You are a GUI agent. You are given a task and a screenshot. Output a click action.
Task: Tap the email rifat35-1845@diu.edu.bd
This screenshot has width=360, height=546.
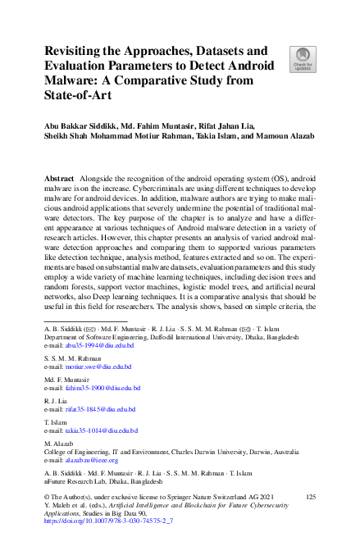pyautogui.click(x=99, y=408)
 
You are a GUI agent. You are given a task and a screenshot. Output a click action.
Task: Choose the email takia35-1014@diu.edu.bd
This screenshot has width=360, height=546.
pyautogui.click(x=100, y=430)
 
